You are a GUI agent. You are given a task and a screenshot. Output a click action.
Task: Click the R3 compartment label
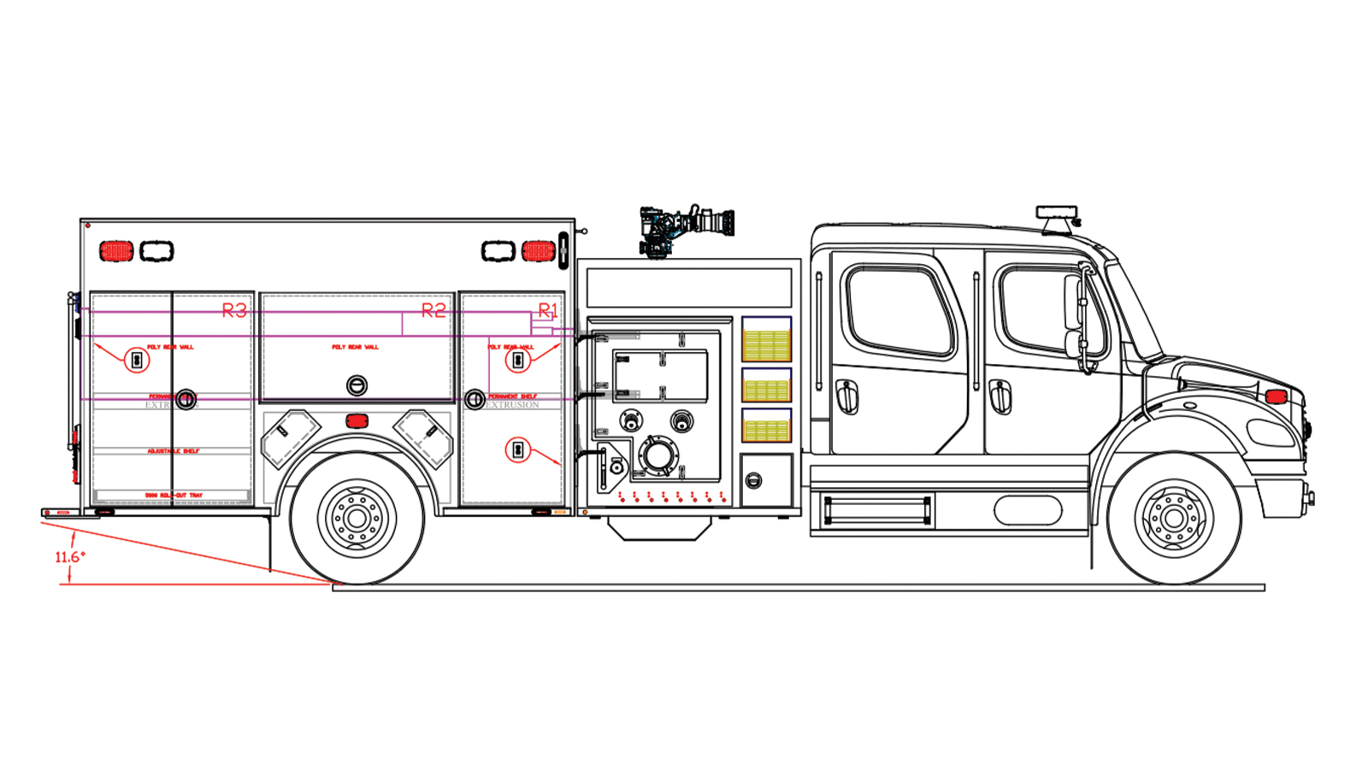tap(234, 311)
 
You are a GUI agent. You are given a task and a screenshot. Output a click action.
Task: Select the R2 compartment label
tap(433, 311)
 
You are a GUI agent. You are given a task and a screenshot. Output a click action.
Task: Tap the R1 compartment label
tap(547, 310)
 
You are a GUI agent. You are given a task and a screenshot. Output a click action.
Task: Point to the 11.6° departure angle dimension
tap(70, 557)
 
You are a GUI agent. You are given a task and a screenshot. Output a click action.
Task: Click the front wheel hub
tap(1173, 518)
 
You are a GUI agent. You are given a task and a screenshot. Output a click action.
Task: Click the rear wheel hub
tap(357, 518)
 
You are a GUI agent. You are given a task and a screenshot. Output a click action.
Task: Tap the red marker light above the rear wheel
tap(357, 421)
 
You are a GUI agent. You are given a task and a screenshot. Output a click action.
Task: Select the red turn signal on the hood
tap(1275, 396)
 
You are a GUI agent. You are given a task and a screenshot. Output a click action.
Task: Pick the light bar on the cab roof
tap(1057, 213)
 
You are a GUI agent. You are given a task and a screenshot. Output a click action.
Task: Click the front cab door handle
tap(999, 396)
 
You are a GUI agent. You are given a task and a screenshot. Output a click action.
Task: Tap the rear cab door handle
tap(846, 396)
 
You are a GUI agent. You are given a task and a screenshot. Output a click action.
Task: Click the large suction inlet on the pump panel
tap(657, 455)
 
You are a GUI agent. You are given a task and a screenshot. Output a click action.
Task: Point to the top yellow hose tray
tap(766, 343)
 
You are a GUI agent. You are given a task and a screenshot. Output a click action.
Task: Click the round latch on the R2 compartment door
tap(357, 385)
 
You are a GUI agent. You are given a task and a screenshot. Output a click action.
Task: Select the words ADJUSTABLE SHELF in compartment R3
tap(174, 451)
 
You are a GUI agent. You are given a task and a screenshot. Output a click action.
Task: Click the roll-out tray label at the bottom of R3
tap(174, 496)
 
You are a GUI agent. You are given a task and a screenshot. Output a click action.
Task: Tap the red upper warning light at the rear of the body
tap(116, 251)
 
